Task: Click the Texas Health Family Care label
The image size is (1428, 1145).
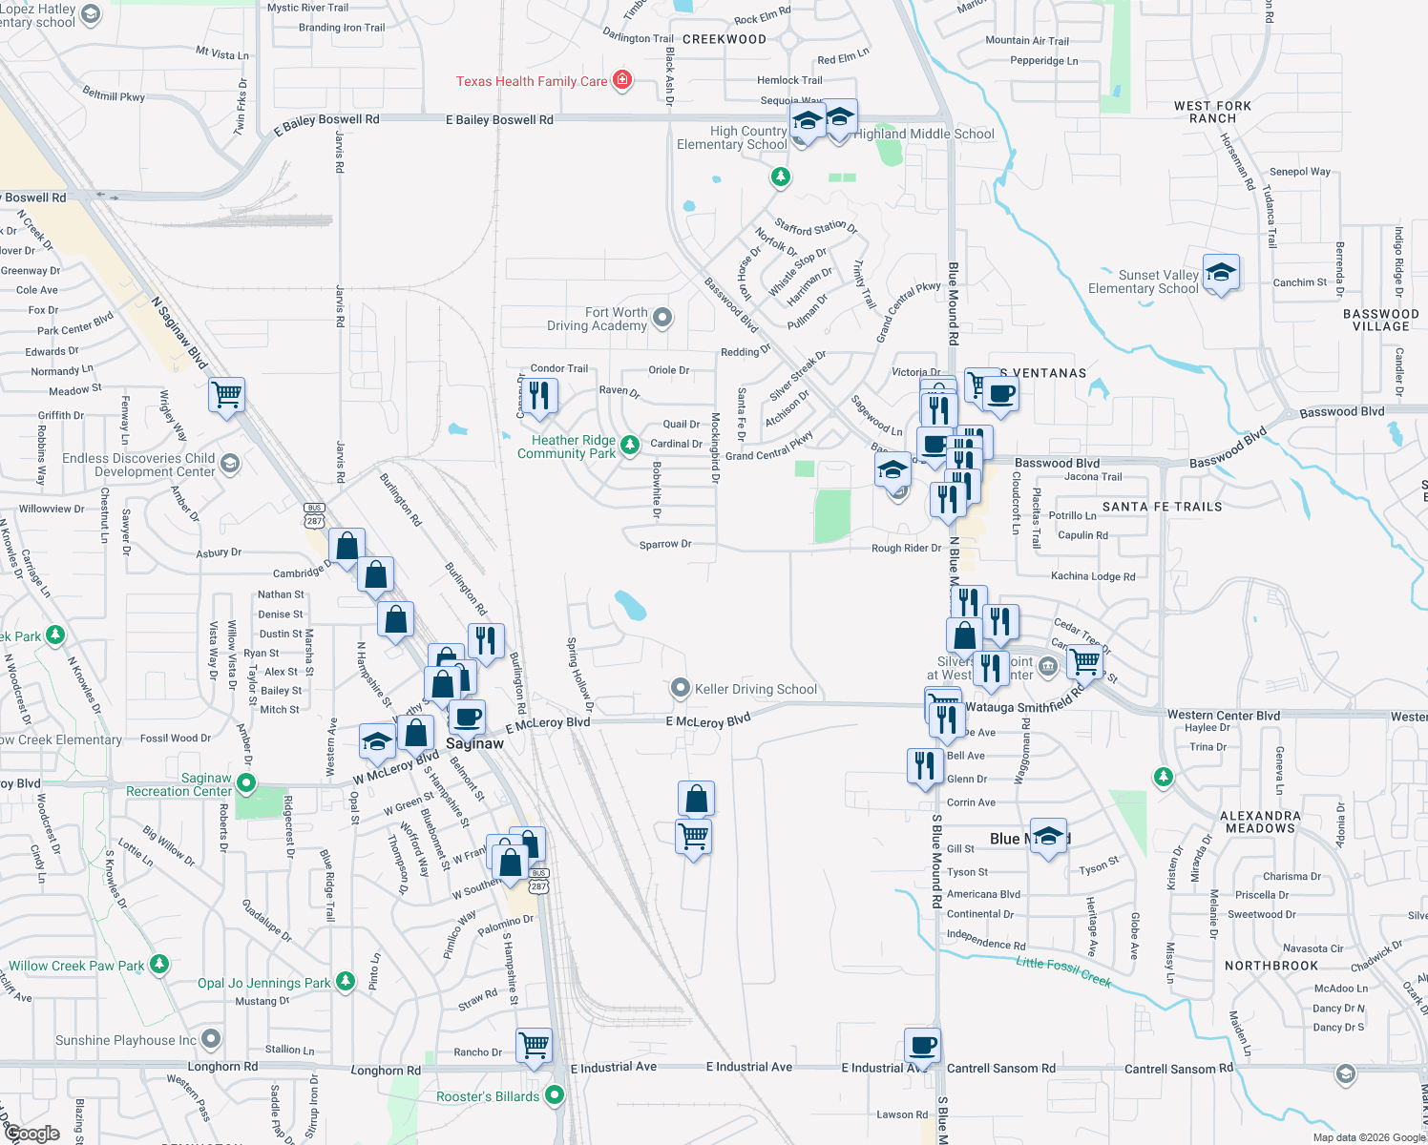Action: pyautogui.click(x=531, y=81)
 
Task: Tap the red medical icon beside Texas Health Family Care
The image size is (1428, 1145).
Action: pyautogui.click(x=622, y=79)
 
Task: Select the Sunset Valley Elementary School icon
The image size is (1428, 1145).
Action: pyautogui.click(x=1221, y=273)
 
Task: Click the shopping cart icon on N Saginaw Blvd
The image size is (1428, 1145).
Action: pyautogui.click(x=227, y=394)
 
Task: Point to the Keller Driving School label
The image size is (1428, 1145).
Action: pyautogui.click(x=756, y=689)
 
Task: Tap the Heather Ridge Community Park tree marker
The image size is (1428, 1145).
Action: pyautogui.click(x=630, y=445)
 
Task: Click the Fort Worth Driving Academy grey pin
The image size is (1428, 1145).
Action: pyautogui.click(x=662, y=317)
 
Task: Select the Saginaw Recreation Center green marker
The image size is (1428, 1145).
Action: pyautogui.click(x=246, y=783)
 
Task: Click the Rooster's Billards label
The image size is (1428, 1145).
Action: pyautogui.click(x=488, y=1096)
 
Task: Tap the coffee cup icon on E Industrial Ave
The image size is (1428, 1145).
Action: pyautogui.click(x=922, y=1045)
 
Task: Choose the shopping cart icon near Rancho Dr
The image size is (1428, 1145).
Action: pyautogui.click(x=535, y=1045)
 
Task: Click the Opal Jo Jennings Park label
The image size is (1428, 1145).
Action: pyautogui.click(x=263, y=983)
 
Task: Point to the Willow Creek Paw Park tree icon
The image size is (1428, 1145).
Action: pyautogui.click(x=159, y=965)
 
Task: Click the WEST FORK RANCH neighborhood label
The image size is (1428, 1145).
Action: pyautogui.click(x=1212, y=113)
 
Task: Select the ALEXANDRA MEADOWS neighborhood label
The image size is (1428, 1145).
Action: pyautogui.click(x=1260, y=822)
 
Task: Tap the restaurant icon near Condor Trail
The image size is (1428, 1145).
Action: pyautogui.click(x=539, y=396)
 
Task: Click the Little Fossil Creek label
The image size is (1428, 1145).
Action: pyautogui.click(x=1063, y=970)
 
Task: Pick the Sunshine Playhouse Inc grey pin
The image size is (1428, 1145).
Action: pyautogui.click(x=211, y=1038)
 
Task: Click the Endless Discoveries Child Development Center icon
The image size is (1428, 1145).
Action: pyautogui.click(x=229, y=464)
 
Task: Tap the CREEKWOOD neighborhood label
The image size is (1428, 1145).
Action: pyautogui.click(x=724, y=39)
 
